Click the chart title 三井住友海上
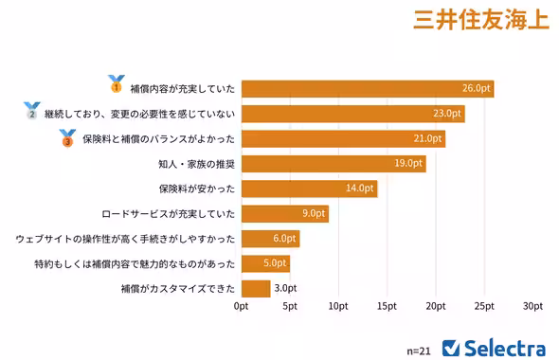480,22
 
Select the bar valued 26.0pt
368,88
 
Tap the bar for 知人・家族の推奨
334,163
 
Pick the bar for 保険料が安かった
309,189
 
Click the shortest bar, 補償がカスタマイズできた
256,289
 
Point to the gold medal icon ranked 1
117,84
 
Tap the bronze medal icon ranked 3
67,137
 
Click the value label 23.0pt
446,114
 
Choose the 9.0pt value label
314,214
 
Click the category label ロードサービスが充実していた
169,214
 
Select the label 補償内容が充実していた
181,88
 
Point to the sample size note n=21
419,350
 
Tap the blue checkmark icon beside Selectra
451,347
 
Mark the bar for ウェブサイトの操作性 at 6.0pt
270,239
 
